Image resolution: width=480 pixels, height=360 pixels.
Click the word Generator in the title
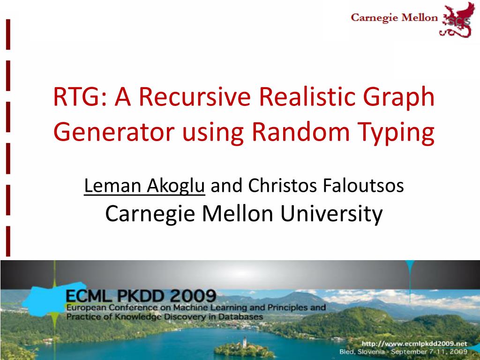112,134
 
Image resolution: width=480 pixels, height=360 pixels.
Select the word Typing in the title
404,134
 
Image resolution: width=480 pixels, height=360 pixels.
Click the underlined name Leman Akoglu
144,187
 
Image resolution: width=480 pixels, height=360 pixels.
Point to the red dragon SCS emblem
454,19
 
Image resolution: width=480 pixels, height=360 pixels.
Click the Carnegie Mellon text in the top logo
394,18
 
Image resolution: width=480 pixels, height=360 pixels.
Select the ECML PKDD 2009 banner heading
141,296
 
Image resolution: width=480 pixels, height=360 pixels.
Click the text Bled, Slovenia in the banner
359,351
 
